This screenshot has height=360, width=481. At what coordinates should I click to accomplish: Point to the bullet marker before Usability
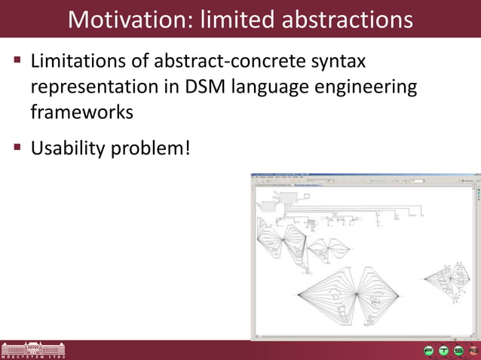(x=16, y=148)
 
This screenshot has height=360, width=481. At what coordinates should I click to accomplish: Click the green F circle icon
(x=428, y=350)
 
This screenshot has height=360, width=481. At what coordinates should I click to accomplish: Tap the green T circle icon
(x=443, y=350)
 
